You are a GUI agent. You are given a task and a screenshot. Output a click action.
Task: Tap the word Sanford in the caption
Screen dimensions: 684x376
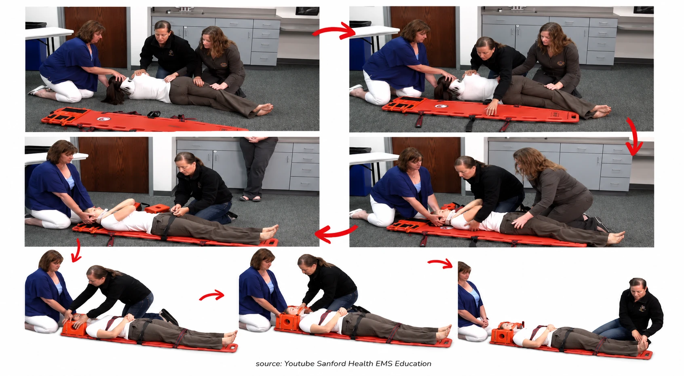coord(331,364)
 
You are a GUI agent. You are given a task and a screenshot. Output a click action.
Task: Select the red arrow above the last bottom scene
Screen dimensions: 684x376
coord(441,263)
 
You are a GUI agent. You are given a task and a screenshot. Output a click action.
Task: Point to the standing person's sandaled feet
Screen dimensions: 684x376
coord(250,198)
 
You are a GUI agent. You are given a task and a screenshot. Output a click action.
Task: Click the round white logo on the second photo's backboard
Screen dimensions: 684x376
coord(440,106)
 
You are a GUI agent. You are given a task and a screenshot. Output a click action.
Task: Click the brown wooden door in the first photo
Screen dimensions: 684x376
coord(95,37)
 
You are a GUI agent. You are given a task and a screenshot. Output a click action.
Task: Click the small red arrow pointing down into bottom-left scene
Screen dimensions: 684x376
coord(77,250)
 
